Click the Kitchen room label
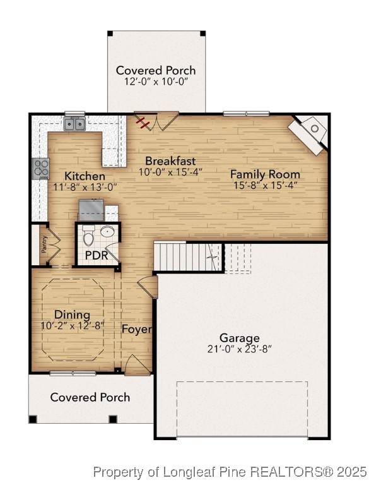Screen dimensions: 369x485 (x=85, y=176)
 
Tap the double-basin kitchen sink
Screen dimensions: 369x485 (x=74, y=124)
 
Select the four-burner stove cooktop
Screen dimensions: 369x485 (x=41, y=169)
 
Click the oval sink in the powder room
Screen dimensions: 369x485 (x=108, y=231)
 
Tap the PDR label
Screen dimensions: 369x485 (x=97, y=256)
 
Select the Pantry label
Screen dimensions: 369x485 (x=44, y=244)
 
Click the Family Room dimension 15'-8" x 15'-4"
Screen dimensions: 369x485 (x=266, y=185)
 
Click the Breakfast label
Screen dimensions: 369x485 (x=170, y=161)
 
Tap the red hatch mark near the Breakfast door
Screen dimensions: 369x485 (x=143, y=122)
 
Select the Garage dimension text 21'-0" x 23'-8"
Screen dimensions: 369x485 (x=239, y=349)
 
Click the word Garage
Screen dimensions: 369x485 (x=239, y=338)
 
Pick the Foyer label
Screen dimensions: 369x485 (x=136, y=329)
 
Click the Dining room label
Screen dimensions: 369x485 (x=73, y=314)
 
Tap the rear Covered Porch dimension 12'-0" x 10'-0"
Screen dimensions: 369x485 (x=156, y=81)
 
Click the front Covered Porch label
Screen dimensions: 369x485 (x=90, y=397)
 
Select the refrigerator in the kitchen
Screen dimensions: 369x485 (x=91, y=210)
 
